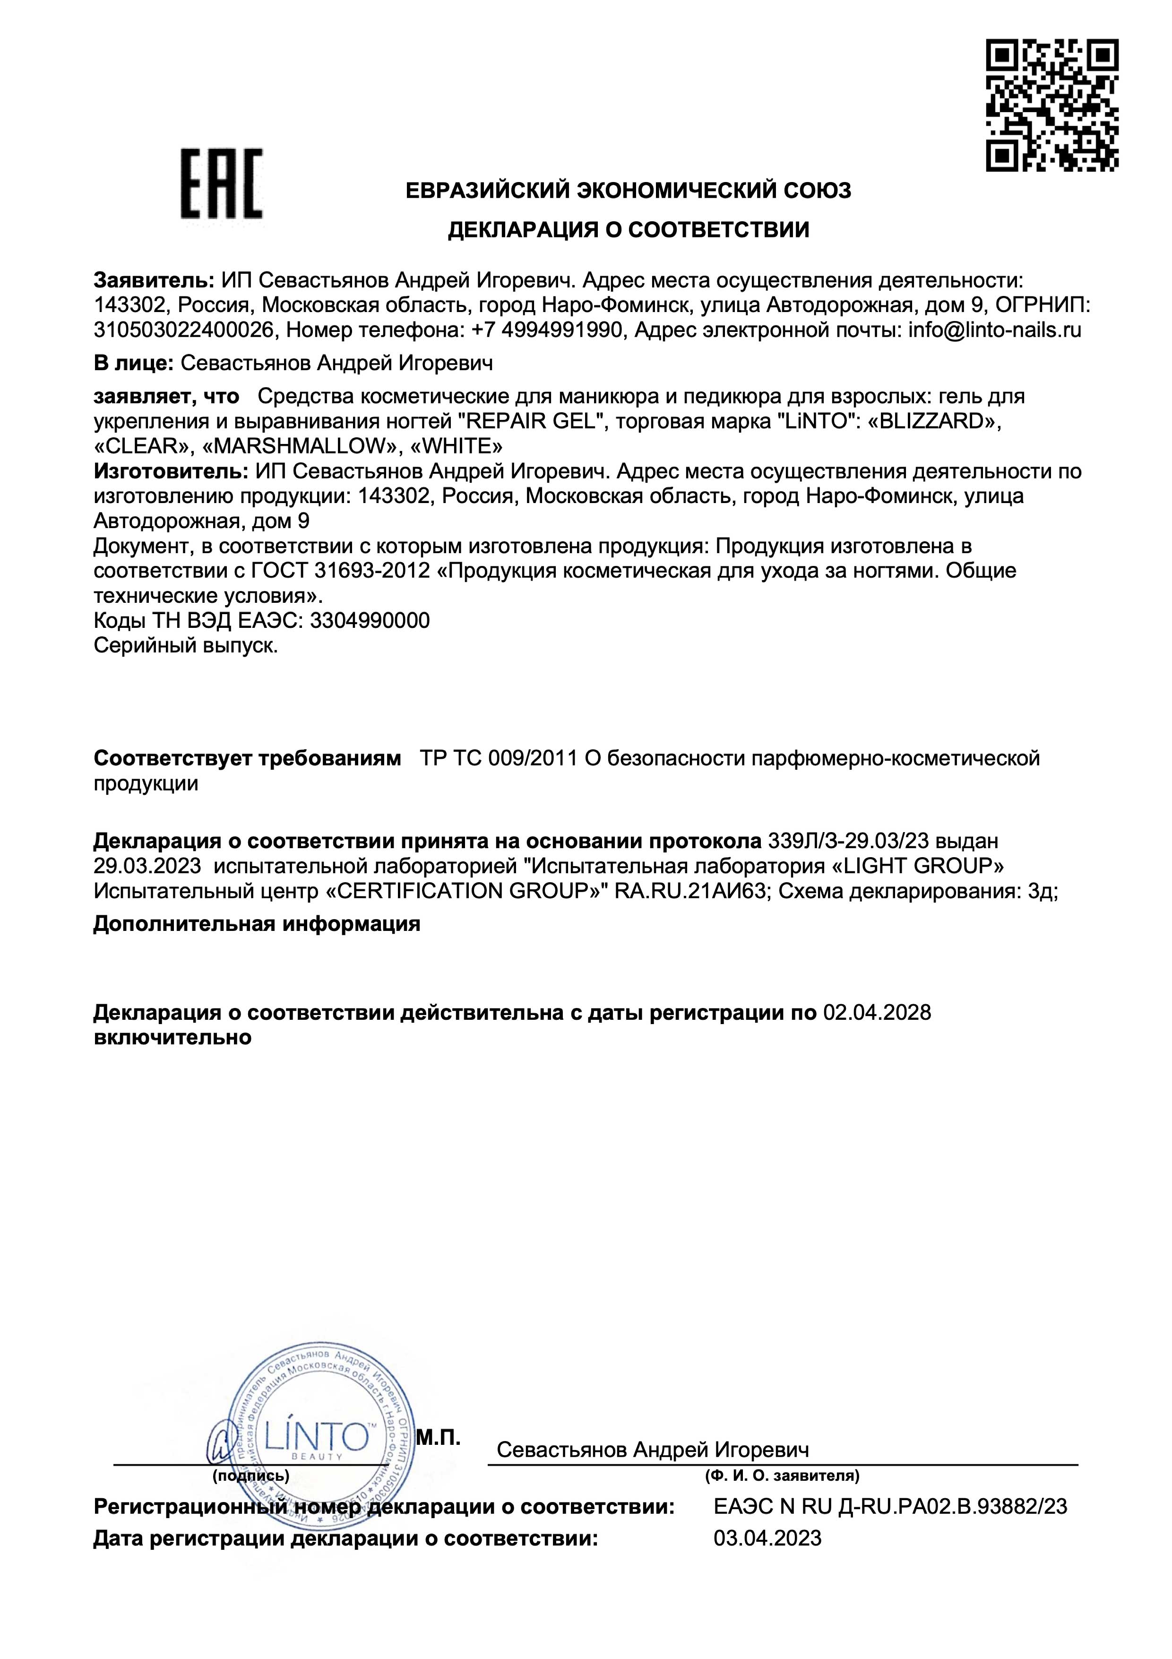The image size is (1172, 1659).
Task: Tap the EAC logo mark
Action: point(221,184)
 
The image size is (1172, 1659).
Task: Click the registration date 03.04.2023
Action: point(767,1537)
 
